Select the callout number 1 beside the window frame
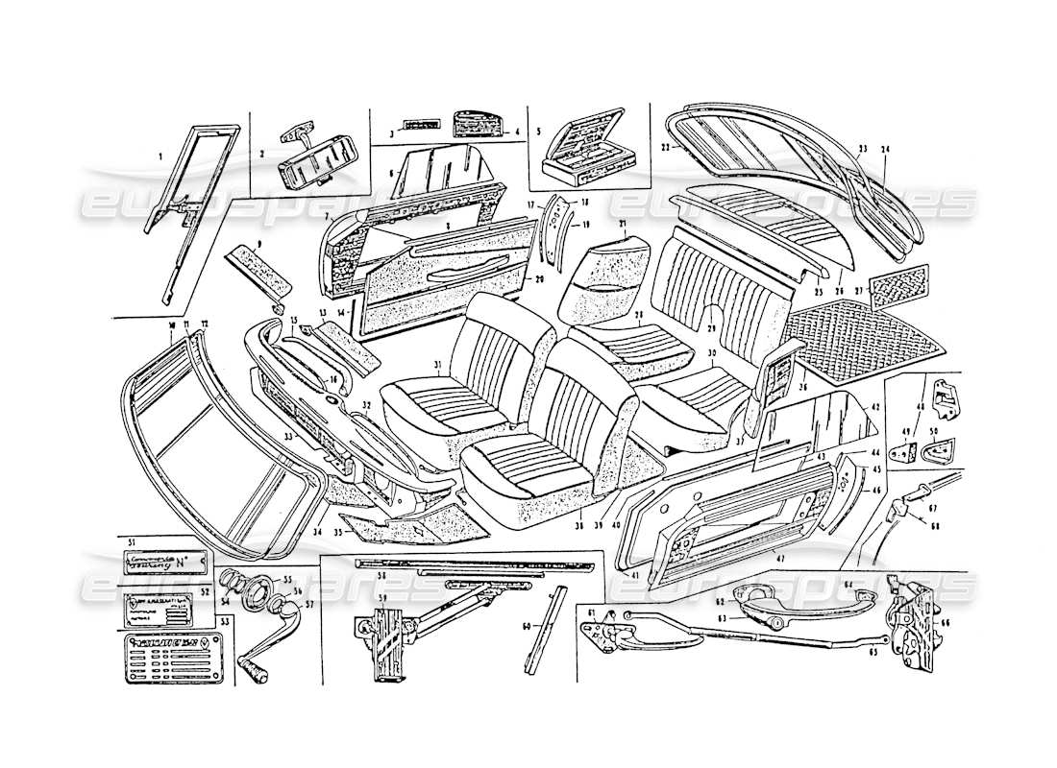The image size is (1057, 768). coord(161,156)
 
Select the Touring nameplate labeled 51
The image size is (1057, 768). coord(160,560)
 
